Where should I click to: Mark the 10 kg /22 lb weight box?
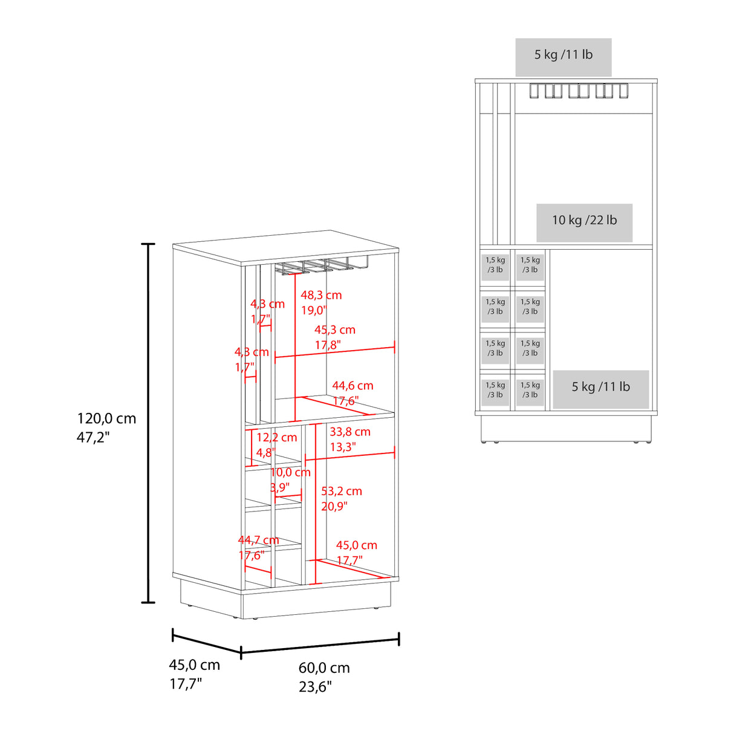(x=584, y=222)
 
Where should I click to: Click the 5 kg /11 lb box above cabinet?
(x=563, y=57)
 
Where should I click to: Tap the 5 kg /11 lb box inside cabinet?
(x=601, y=389)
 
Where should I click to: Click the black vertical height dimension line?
(x=148, y=423)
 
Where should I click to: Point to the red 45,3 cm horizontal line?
(x=334, y=352)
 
